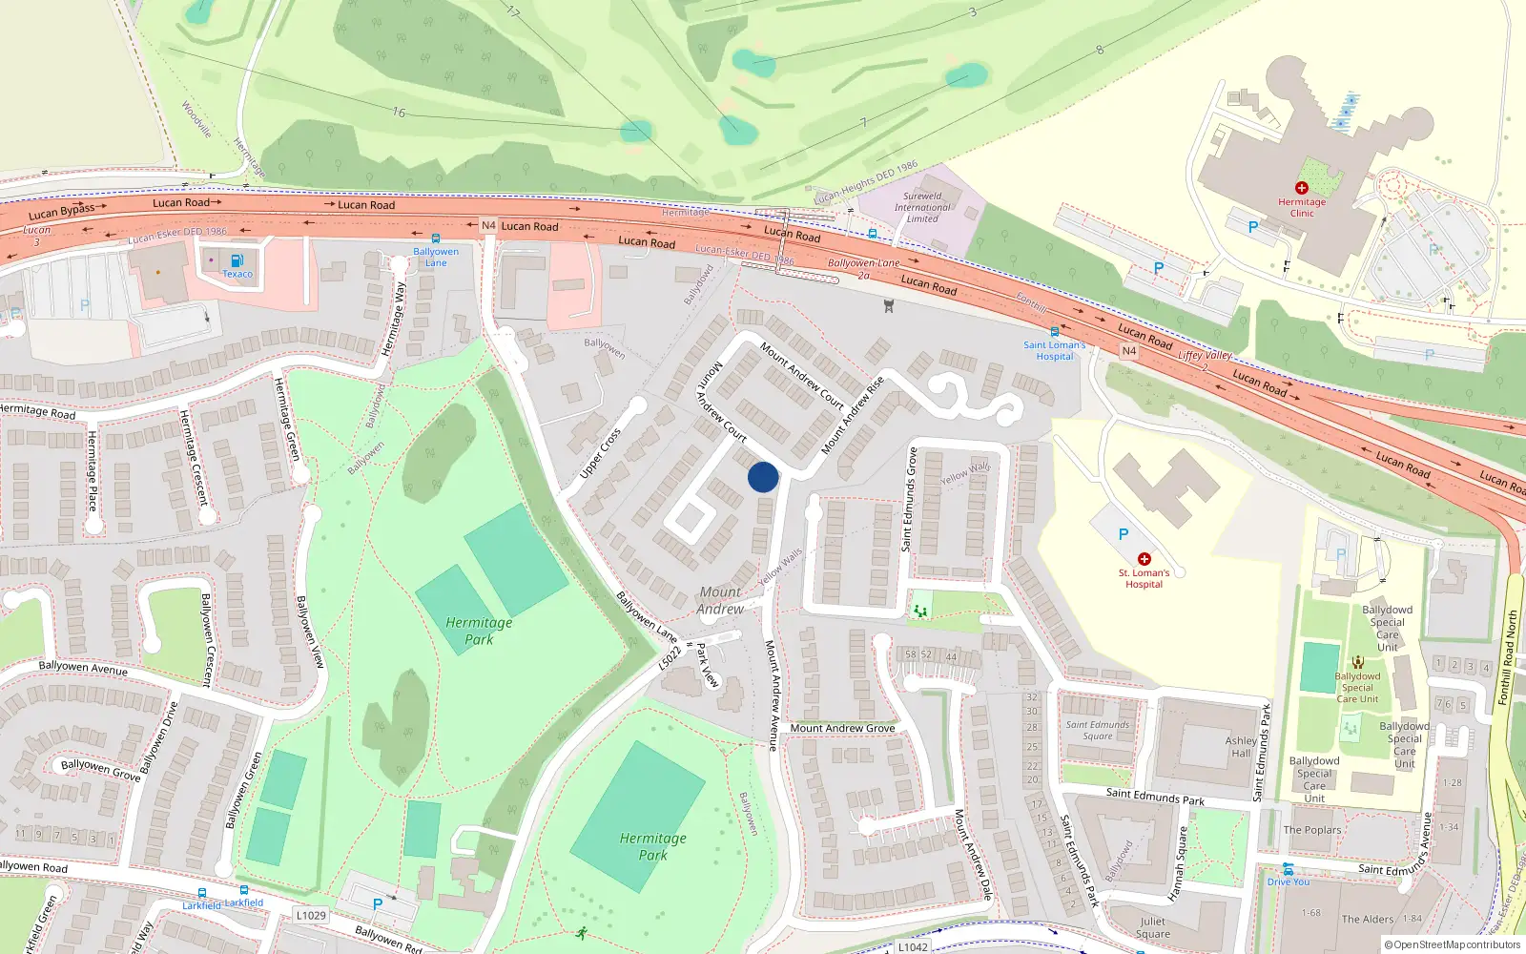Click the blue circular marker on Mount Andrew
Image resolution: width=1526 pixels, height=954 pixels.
(x=763, y=477)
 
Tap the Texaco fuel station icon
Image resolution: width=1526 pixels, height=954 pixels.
(x=237, y=259)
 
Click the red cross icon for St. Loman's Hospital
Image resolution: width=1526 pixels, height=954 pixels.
(x=1144, y=559)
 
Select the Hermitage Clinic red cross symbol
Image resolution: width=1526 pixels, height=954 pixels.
(x=1301, y=188)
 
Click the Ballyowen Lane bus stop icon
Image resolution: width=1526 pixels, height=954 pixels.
(x=436, y=238)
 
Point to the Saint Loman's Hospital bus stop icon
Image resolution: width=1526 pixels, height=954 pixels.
(x=1054, y=332)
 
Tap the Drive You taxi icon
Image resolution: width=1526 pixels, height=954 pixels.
(x=1288, y=869)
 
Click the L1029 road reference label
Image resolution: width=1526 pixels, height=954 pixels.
(x=311, y=915)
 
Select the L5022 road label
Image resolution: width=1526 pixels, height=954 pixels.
(x=670, y=658)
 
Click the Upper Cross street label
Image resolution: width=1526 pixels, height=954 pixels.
(x=601, y=453)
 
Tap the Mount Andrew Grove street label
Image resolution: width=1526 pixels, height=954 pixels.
(x=842, y=728)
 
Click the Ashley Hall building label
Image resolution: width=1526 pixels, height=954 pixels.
(x=1241, y=746)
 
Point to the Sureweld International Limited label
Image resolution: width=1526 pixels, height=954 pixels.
(x=921, y=207)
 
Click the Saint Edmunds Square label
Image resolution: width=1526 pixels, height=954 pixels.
(x=1097, y=730)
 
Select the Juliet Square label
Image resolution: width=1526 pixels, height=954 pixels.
(x=1152, y=927)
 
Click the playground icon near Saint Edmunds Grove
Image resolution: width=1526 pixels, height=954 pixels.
(x=920, y=610)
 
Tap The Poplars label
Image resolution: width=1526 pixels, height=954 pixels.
(x=1311, y=830)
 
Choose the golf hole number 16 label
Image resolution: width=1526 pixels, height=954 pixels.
(x=399, y=113)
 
